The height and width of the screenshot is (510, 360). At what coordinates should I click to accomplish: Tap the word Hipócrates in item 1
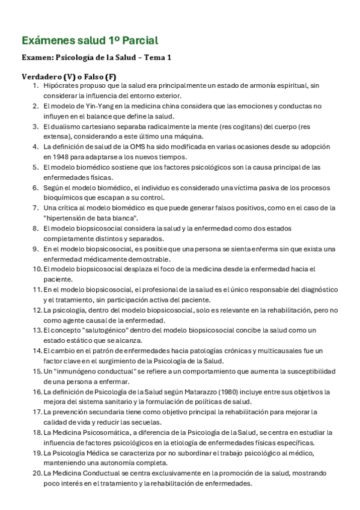tap(62, 87)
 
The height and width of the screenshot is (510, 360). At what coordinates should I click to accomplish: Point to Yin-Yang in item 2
tap(91, 106)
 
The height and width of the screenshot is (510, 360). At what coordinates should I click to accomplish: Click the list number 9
tap(36, 248)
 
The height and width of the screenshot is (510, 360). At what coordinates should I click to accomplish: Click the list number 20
tap(36, 473)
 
